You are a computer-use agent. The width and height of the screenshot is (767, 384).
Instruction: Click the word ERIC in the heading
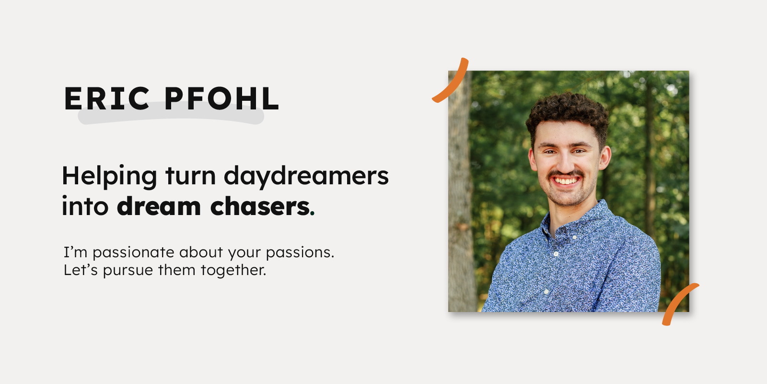click(107, 99)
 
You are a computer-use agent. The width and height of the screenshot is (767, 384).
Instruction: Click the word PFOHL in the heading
click(221, 99)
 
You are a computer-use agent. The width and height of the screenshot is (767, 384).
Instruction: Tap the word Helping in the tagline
click(109, 176)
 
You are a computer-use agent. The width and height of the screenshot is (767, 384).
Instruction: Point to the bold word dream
click(159, 206)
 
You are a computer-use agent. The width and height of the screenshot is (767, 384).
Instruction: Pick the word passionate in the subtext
click(133, 253)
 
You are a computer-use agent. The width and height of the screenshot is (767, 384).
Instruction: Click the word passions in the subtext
click(299, 253)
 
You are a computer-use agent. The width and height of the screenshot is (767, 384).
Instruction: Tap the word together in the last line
click(233, 271)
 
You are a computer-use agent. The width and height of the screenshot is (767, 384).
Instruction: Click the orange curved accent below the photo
click(678, 302)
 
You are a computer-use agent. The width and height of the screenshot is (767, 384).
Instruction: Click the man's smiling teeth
click(567, 181)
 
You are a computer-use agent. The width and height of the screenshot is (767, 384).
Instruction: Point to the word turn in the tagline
click(190, 176)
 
